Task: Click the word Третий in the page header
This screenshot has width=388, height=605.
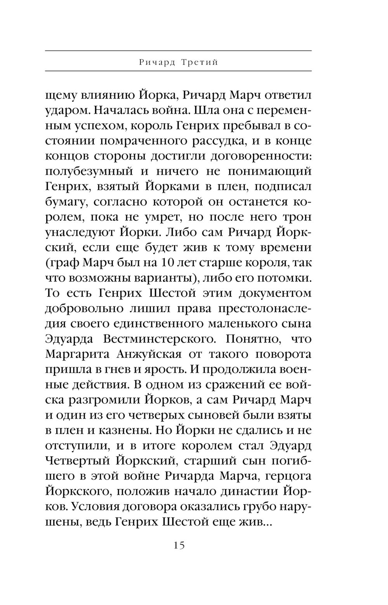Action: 199,62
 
